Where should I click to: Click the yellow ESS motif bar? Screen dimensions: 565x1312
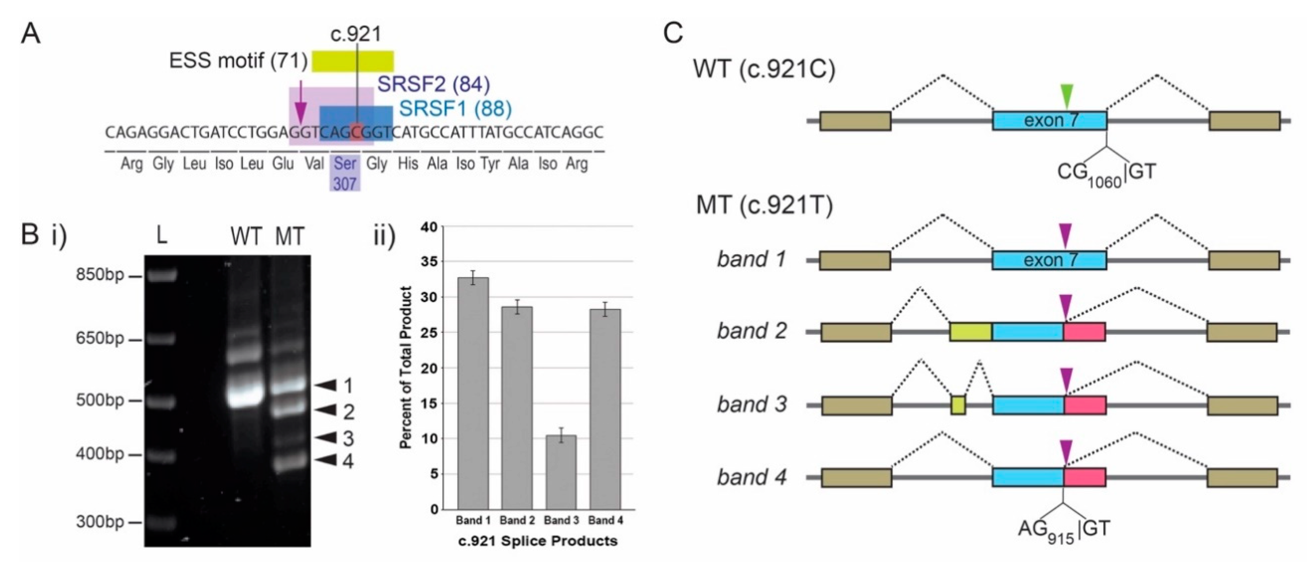click(x=352, y=61)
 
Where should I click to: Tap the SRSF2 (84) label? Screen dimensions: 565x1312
click(x=433, y=85)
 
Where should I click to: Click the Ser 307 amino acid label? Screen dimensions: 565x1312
click(x=345, y=173)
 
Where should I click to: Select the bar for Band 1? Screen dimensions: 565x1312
click(x=473, y=393)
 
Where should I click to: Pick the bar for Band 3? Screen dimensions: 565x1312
click(x=561, y=472)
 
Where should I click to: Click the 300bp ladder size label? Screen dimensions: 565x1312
click(x=100, y=522)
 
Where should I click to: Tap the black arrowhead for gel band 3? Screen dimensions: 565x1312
click(x=326, y=438)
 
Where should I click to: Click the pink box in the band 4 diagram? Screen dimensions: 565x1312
click(x=1084, y=477)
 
